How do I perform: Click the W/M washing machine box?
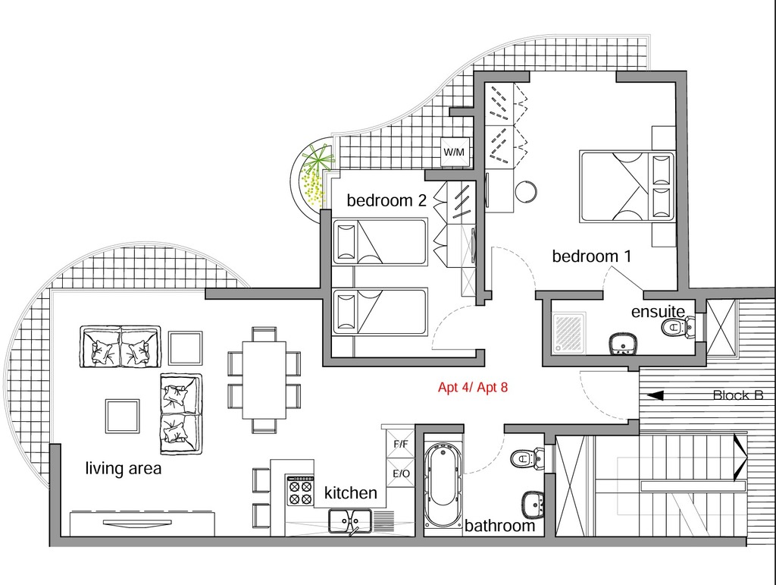(454, 152)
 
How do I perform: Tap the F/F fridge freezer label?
(401, 444)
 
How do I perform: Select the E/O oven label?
(401, 473)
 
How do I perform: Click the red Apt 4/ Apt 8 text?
(473, 388)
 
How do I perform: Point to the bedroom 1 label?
(591, 256)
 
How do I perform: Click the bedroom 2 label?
(386, 200)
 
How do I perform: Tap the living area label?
(124, 468)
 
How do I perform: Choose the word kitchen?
(350, 493)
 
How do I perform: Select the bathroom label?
(500, 526)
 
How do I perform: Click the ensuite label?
(659, 312)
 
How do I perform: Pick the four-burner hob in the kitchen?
(300, 490)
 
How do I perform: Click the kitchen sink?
(350, 521)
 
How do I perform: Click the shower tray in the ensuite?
(569, 333)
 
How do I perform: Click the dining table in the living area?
(264, 380)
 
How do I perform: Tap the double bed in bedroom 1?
(627, 186)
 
